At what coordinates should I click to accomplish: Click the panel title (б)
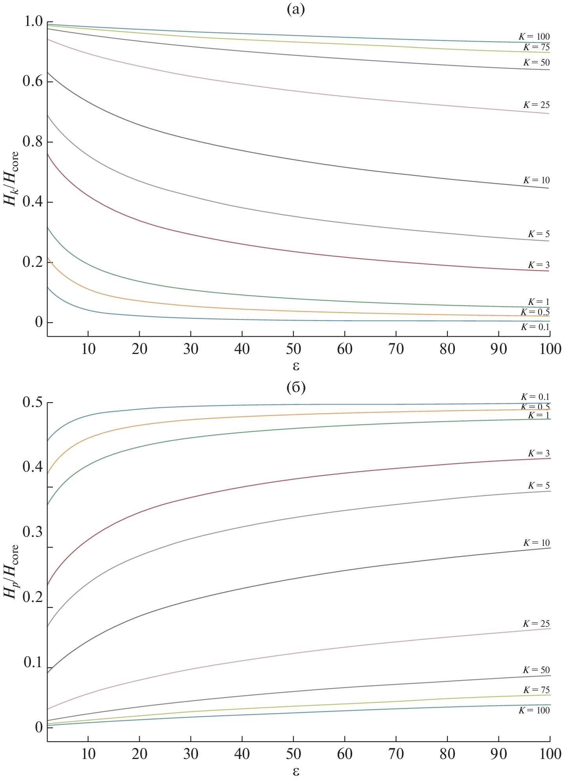pos(296,387)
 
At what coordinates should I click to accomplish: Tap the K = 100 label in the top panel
pos(534,36)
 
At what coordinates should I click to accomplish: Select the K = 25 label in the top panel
pos(536,105)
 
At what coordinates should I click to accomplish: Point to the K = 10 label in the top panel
pos(536,180)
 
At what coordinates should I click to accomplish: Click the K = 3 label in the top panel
pos(538,265)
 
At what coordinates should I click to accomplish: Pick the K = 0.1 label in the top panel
pos(535,327)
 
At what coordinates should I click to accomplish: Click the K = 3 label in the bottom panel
pos(538,453)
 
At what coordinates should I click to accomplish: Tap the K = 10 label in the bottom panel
pos(536,543)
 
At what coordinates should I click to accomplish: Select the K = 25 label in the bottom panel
pos(536,624)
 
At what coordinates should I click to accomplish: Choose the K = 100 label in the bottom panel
pos(534,710)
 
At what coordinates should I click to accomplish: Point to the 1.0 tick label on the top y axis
pos(33,22)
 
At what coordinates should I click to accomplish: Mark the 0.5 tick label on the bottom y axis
pos(33,403)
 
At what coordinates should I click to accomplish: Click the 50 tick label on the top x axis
pos(293,349)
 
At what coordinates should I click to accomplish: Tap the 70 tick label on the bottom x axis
pos(396,754)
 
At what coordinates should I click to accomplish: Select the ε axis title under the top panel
pos(296,366)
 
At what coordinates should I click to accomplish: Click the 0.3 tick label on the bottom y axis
pos(33,533)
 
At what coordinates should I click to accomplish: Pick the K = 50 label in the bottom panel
pos(536,670)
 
